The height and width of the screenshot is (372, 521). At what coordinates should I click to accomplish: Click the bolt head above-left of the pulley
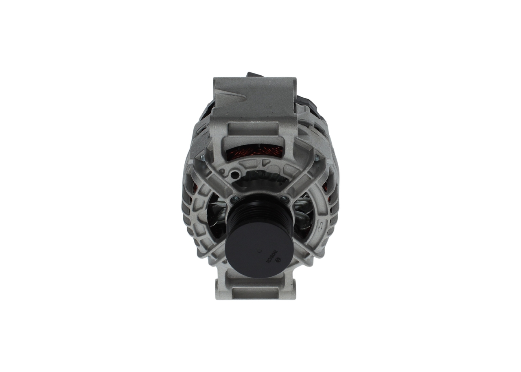pos(235,199)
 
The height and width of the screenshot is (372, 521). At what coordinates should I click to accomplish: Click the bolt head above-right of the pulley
pos(285,199)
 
